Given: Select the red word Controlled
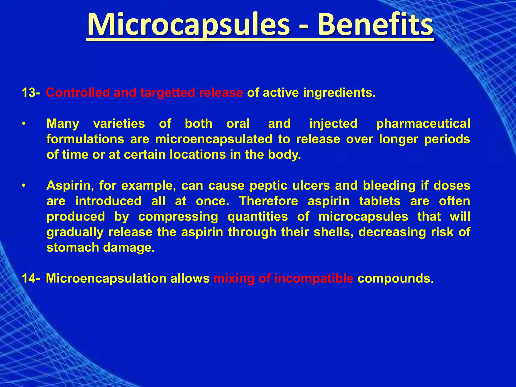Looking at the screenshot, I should [x=78, y=93].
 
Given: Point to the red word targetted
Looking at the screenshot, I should [x=167, y=93].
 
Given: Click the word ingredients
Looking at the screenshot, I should [x=339, y=93].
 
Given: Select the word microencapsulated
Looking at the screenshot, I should [x=213, y=139].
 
